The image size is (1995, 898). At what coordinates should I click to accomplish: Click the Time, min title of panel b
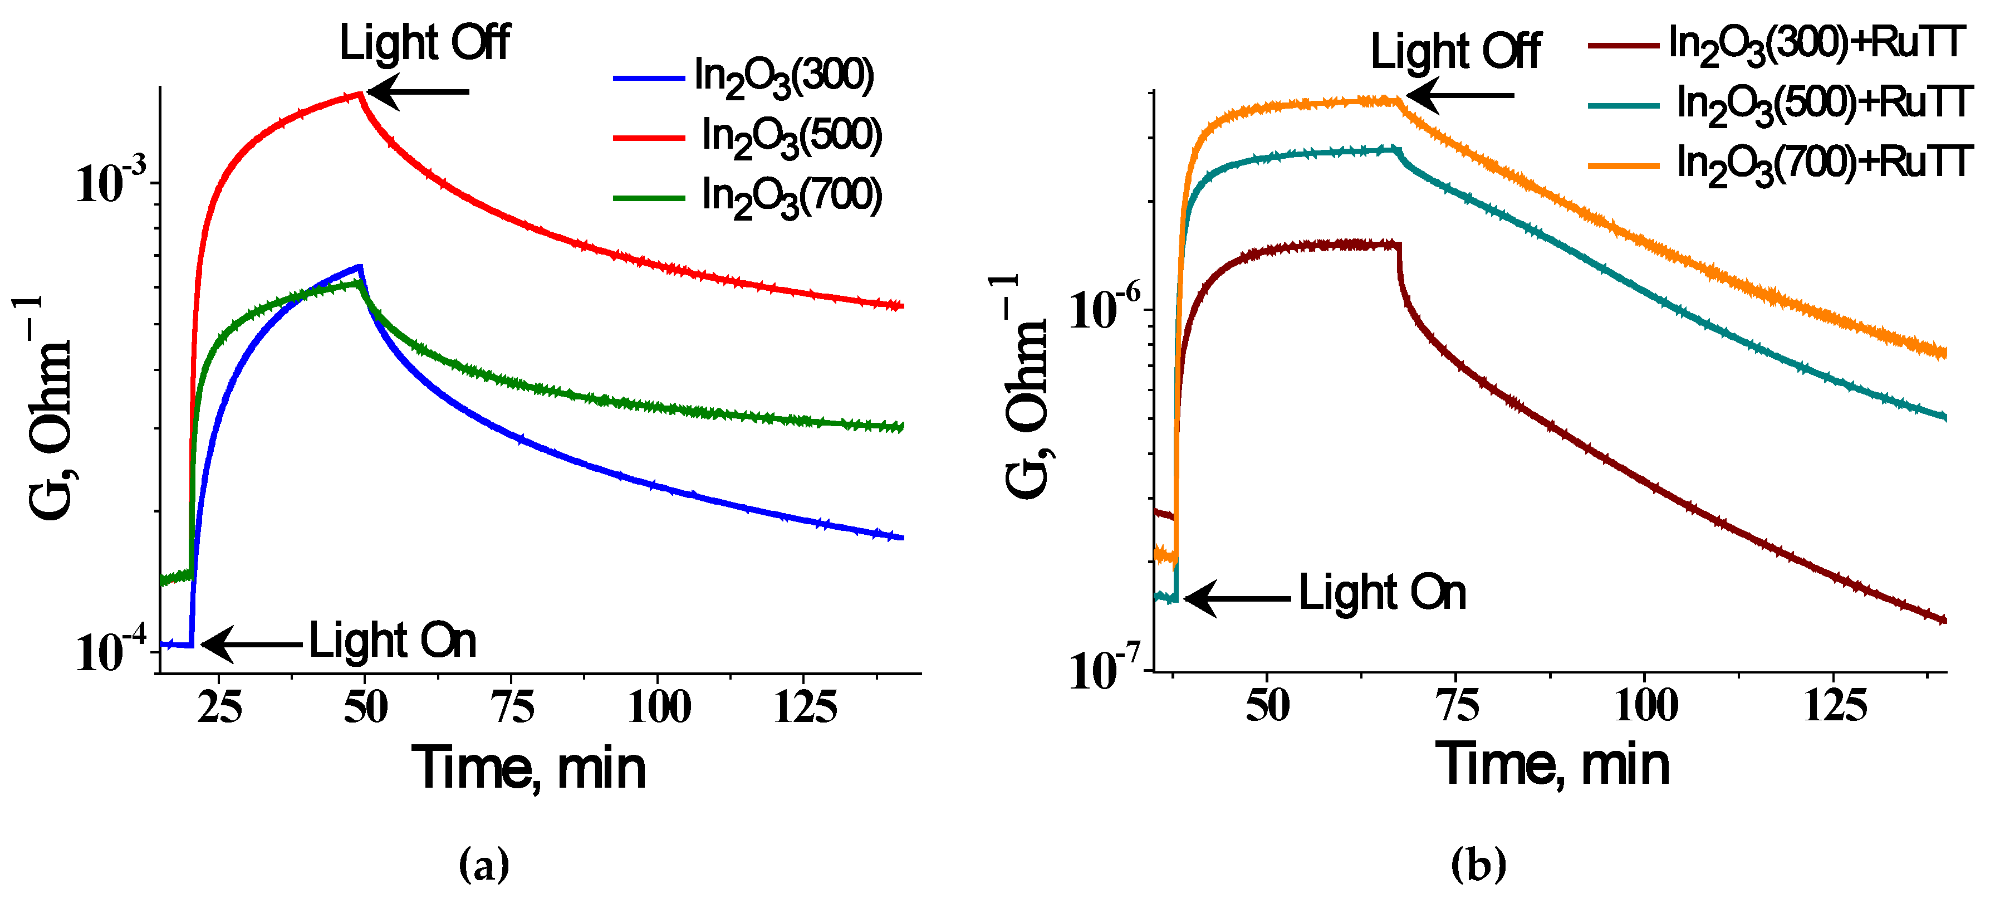[1553, 765]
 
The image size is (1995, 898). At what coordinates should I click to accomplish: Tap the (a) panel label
[484, 865]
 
